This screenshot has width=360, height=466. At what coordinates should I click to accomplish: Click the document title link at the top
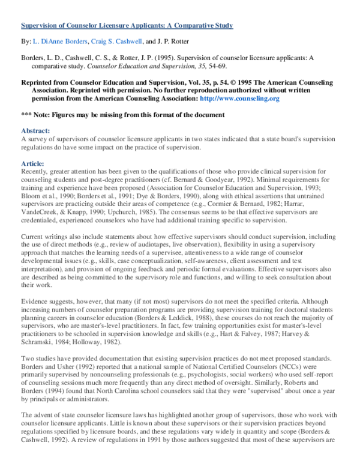coord(127,26)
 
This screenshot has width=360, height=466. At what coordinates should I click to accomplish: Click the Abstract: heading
coord(36,130)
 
